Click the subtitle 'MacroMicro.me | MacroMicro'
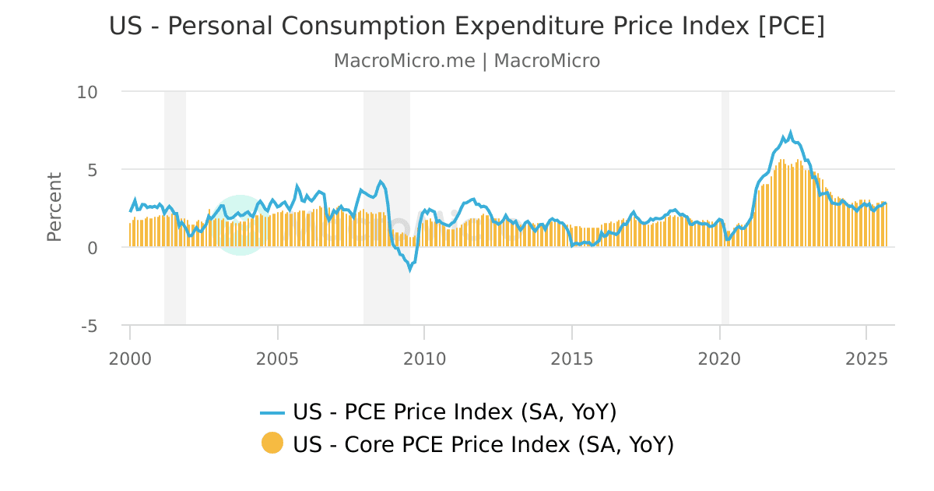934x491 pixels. click(467, 61)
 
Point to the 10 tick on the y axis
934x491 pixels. click(87, 92)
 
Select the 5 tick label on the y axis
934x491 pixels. click(92, 170)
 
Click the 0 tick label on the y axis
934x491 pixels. click(92, 248)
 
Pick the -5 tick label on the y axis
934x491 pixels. click(89, 326)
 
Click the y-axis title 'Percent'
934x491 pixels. click(54, 207)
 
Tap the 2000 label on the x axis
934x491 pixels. click(130, 359)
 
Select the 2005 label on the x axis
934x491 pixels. click(278, 359)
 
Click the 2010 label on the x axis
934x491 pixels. click(424, 359)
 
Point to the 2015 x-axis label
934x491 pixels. click(572, 359)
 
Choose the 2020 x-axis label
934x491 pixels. click(719, 359)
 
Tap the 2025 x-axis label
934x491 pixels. click(866, 359)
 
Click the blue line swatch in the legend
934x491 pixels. click(272, 412)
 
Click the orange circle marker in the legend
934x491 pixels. click(272, 444)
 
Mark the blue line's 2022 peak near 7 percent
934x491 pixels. click(790, 133)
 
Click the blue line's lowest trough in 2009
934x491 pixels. click(410, 270)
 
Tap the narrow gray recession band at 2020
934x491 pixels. click(725, 207)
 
